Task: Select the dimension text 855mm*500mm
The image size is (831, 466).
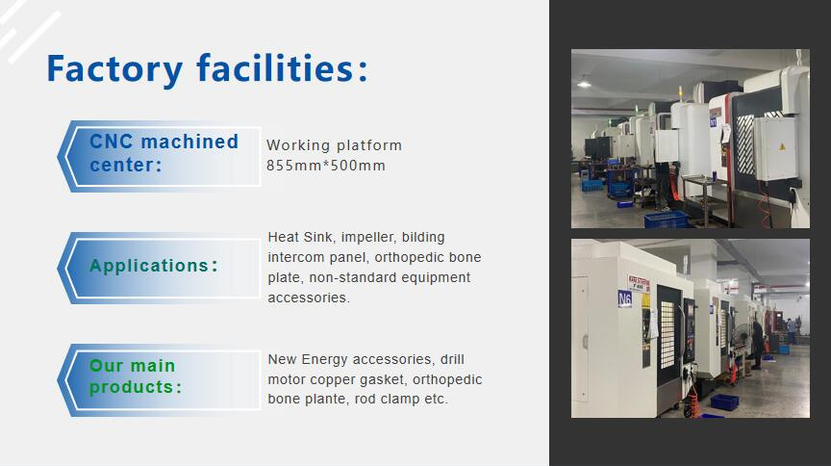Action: pos(325,166)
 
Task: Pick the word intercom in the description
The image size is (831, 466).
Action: pos(296,257)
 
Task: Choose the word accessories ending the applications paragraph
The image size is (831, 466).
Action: pos(308,298)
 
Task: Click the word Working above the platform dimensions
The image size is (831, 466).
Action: pos(296,145)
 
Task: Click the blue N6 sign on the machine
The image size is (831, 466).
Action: pos(625,298)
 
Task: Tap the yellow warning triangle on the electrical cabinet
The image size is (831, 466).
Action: pos(781,145)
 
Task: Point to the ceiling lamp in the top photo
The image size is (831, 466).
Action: pos(584,85)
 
